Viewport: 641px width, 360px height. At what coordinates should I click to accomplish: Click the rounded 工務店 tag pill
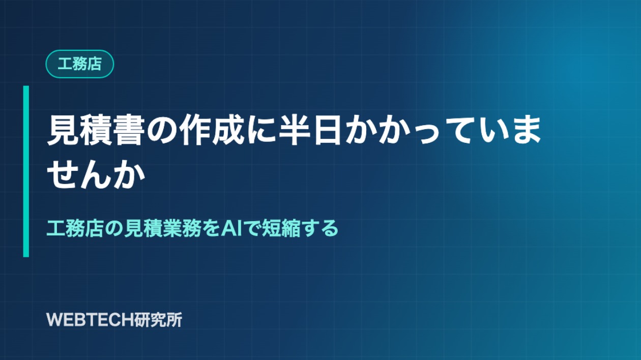coord(79,64)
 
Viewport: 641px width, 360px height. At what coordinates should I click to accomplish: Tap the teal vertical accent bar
coord(26,171)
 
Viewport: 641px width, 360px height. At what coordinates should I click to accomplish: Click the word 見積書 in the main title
coord(95,130)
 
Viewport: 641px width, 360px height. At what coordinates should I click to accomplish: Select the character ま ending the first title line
coord(526,130)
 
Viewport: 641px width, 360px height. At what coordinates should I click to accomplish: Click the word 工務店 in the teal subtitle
coord(75,229)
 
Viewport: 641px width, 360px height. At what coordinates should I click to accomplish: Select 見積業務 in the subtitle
coord(162,229)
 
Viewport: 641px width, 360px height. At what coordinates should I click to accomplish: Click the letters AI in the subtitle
coord(231,229)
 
